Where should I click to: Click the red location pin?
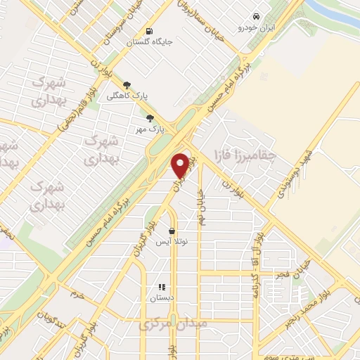click(181, 165)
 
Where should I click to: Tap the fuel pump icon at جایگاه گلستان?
click(149, 31)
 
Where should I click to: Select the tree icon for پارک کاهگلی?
click(127, 86)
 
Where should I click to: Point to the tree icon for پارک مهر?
click(149, 118)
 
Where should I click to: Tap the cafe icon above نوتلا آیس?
click(172, 230)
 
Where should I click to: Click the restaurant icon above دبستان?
click(161, 287)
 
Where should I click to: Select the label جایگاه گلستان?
click(149, 42)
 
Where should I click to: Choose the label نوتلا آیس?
click(172, 241)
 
